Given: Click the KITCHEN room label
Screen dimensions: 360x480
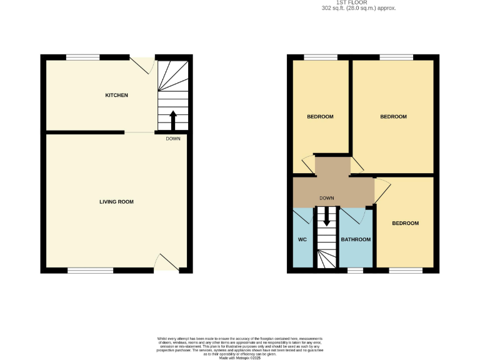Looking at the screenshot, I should tap(116, 96).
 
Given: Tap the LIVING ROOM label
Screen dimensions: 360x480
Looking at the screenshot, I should tap(117, 202).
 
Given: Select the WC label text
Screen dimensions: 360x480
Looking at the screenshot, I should tap(302, 239).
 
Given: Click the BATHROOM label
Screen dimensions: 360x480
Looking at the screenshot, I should tap(356, 239).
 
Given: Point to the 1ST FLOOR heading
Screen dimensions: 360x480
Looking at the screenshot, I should tap(359, 2).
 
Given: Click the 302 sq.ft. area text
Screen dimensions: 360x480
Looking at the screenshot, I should tap(359, 8).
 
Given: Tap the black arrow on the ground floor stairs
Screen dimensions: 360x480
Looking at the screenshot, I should tap(173, 119).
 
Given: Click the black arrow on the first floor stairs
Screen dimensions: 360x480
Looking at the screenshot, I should tap(326, 218).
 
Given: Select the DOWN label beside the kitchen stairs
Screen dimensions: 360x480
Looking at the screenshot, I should tap(173, 139).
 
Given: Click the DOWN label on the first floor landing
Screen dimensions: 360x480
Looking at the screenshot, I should tap(326, 198).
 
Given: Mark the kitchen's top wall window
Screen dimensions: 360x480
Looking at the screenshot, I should tap(82, 57).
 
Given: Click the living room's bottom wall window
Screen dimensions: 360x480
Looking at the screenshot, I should tap(91, 271).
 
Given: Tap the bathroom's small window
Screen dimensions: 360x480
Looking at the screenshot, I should tap(355, 271).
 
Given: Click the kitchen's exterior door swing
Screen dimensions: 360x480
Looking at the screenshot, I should tap(144, 65).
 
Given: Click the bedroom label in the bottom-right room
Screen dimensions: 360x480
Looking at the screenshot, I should tap(405, 223).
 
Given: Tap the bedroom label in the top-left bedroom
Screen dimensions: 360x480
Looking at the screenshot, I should tap(320, 117).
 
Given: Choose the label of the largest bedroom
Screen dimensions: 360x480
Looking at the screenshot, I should tap(394, 117).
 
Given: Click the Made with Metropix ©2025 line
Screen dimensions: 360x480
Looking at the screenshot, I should tap(239, 357).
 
